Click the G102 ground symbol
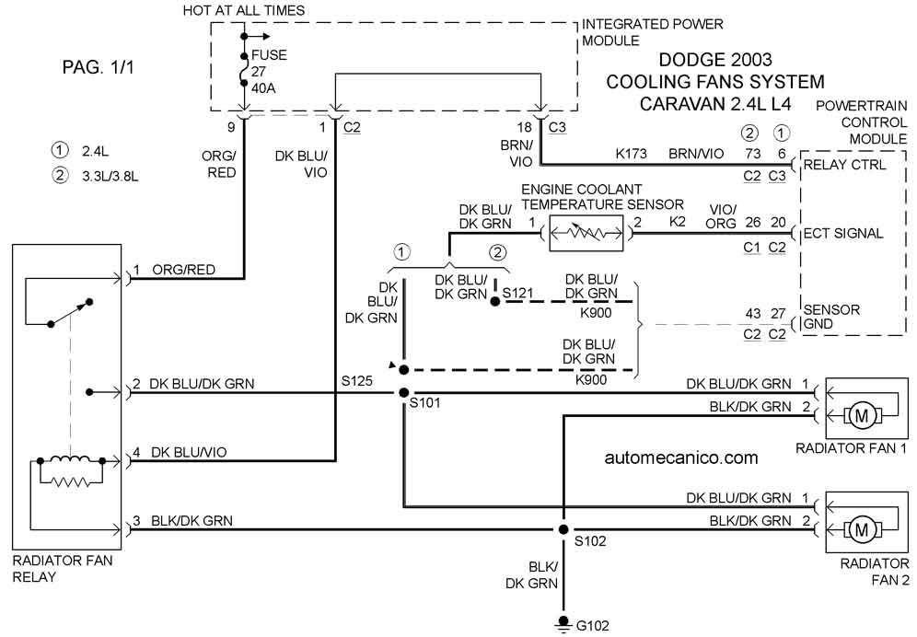tap(563, 623)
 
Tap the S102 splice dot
tap(563, 530)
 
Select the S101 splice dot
tap(403, 392)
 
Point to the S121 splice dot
tap(495, 302)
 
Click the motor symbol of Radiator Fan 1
tap(862, 416)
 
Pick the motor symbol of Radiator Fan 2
tap(862, 530)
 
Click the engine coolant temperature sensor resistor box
tap(586, 234)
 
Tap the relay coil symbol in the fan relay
tap(70, 461)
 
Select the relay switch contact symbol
tap(70, 313)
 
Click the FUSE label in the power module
tap(269, 55)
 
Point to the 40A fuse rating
tap(263, 88)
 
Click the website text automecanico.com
tap(681, 457)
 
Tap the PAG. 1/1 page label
tap(99, 67)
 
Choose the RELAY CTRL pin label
tap(844, 165)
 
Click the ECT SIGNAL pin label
tap(842, 234)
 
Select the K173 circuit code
tap(631, 154)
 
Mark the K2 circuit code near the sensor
tap(678, 222)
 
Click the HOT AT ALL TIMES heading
tap(244, 10)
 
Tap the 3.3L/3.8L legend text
tap(110, 176)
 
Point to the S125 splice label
tap(356, 381)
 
